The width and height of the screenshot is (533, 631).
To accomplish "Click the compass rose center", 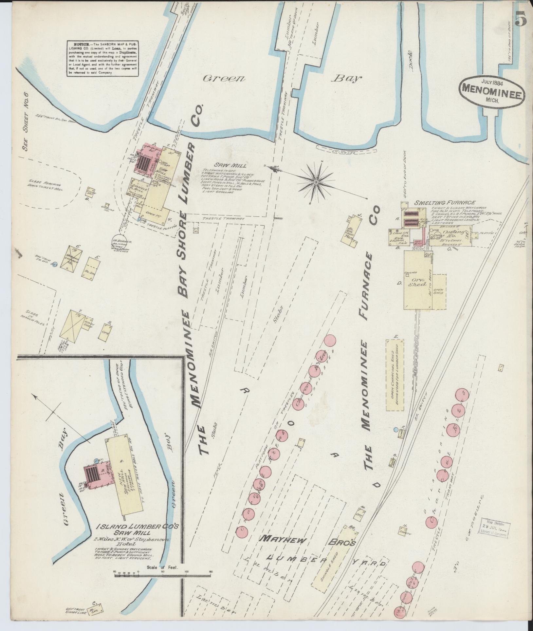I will click(316, 182).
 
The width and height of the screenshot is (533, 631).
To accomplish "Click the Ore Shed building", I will click(417, 283).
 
